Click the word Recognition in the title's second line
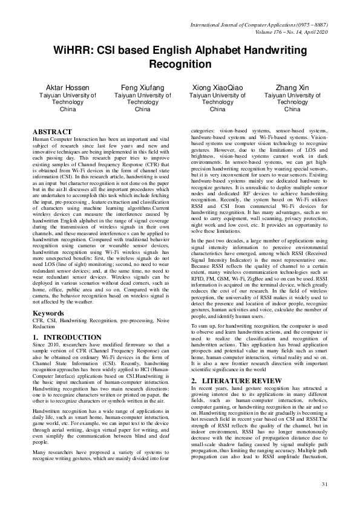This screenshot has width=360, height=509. (x=179, y=64)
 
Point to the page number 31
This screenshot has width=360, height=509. (x=324, y=485)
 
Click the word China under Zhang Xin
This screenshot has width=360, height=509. (x=292, y=110)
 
